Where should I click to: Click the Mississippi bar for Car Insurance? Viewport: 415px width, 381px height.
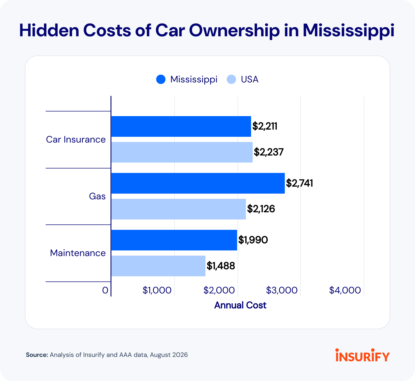coord(181,126)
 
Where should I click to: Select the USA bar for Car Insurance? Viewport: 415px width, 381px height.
coord(182,152)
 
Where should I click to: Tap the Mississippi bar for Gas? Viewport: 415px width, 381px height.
coord(198,183)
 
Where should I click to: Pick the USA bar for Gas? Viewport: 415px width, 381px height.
coord(178,209)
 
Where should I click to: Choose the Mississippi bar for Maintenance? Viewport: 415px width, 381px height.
coord(174,240)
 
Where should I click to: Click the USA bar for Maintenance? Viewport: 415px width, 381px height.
coord(158,266)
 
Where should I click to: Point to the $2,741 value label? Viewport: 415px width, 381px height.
coord(300,183)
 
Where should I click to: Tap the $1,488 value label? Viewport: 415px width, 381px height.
coord(221,266)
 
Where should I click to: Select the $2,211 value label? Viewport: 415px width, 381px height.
coord(265,126)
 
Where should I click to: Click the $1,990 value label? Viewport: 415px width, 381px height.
coord(253,240)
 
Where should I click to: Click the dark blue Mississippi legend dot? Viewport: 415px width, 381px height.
coord(161,79)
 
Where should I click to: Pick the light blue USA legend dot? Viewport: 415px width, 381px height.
coord(231,79)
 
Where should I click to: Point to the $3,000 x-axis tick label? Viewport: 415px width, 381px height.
coord(282,291)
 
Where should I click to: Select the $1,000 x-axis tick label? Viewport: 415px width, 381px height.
coord(157,291)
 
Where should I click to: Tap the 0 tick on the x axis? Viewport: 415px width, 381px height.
coord(105,291)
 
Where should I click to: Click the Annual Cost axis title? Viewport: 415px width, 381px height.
coord(240,305)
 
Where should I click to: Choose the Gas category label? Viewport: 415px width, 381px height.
coord(97,196)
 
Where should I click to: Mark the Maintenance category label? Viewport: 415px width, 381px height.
coord(78,253)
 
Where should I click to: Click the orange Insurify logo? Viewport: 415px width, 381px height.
coord(363,355)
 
